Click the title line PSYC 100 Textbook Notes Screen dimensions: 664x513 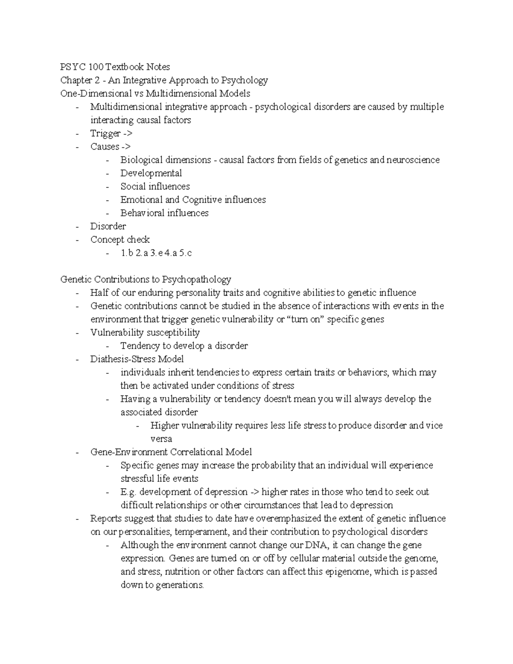[115, 67]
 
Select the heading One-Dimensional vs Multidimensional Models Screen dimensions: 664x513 [155, 93]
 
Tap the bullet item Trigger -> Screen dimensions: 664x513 [111, 133]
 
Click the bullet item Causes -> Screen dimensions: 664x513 [110, 147]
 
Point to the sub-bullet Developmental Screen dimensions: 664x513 [151, 173]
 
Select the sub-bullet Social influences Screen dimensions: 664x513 [155, 186]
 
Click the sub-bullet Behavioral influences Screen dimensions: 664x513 [164, 213]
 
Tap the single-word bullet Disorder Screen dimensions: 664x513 [108, 226]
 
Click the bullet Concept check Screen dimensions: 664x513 [120, 239]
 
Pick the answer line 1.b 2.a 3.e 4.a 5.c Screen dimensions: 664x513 [156, 253]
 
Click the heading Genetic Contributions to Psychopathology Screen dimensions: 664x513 [145, 279]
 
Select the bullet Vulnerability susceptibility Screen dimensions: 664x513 [145, 332]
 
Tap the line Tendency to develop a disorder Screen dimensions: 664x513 [184, 345]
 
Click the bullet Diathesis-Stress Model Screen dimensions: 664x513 [137, 359]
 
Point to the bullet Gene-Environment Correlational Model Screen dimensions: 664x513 [171, 452]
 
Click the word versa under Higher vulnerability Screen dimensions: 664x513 [161, 439]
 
